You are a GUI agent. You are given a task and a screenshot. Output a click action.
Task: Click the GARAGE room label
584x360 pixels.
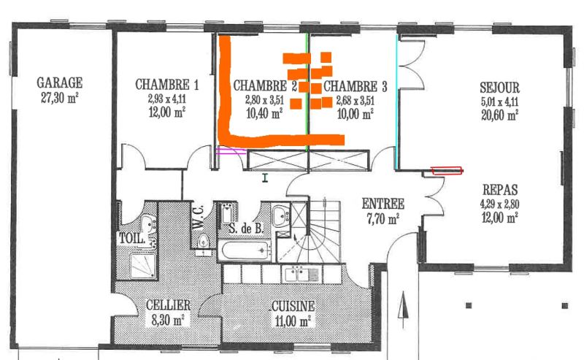(60, 83)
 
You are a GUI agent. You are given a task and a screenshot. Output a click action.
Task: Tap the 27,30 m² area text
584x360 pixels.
(60, 98)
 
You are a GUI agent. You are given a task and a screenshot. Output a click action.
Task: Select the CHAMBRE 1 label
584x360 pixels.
(167, 85)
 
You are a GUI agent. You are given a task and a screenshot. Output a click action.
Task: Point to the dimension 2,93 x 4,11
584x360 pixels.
(167, 99)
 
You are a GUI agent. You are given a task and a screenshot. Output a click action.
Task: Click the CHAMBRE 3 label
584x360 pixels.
(355, 86)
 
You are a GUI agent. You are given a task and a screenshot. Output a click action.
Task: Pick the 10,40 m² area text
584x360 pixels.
(264, 113)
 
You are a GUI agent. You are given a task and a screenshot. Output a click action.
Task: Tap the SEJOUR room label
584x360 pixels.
(499, 88)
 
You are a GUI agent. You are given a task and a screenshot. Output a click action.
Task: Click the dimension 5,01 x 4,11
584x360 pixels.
(499, 102)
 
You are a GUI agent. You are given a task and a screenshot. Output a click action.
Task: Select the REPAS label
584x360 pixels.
(500, 190)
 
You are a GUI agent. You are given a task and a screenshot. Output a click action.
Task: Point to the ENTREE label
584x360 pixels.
(383, 204)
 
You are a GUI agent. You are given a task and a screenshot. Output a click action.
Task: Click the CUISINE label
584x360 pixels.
(293, 307)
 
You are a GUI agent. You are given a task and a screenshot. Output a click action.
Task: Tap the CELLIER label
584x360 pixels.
(169, 305)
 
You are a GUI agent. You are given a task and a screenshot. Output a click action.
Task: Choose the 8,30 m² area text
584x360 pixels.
(169, 320)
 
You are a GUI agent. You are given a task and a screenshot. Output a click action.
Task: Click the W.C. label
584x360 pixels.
(198, 217)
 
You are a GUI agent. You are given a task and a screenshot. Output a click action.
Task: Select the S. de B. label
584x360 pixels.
(246, 228)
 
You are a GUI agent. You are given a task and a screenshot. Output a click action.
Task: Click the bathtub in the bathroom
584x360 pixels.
(245, 250)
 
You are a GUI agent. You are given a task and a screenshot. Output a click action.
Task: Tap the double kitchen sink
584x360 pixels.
(302, 275)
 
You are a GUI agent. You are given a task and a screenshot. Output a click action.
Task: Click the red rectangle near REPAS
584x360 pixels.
(447, 171)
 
